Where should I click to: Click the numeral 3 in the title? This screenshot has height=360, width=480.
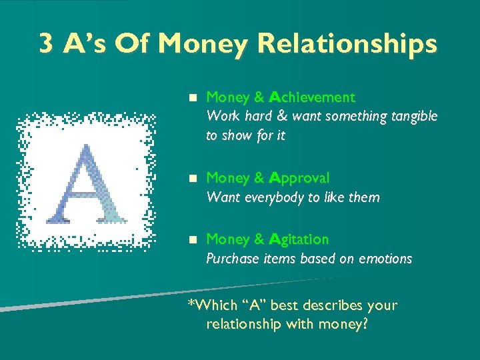(x=47, y=45)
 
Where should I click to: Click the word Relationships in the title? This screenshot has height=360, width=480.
(x=347, y=45)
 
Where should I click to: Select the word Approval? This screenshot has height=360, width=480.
(x=299, y=178)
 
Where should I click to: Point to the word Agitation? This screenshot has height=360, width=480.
(x=299, y=239)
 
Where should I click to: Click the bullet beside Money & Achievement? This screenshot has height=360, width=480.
(x=192, y=97)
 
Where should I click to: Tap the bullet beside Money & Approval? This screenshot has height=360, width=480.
(x=192, y=178)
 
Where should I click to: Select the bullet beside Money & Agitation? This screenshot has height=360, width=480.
(x=192, y=239)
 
